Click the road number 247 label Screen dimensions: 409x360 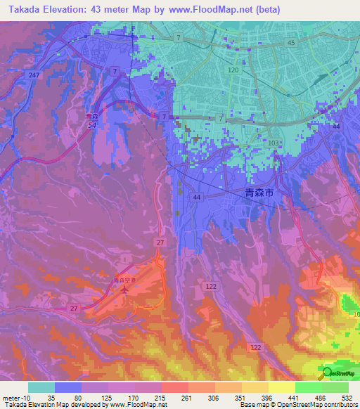tap(32, 74)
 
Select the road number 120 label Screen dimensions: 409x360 tap(234, 71)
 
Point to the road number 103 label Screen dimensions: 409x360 tap(274, 143)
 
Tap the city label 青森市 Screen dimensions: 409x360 tap(259, 191)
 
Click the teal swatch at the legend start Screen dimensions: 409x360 tap(41, 387)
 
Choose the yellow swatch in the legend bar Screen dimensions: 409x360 tap(281, 387)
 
